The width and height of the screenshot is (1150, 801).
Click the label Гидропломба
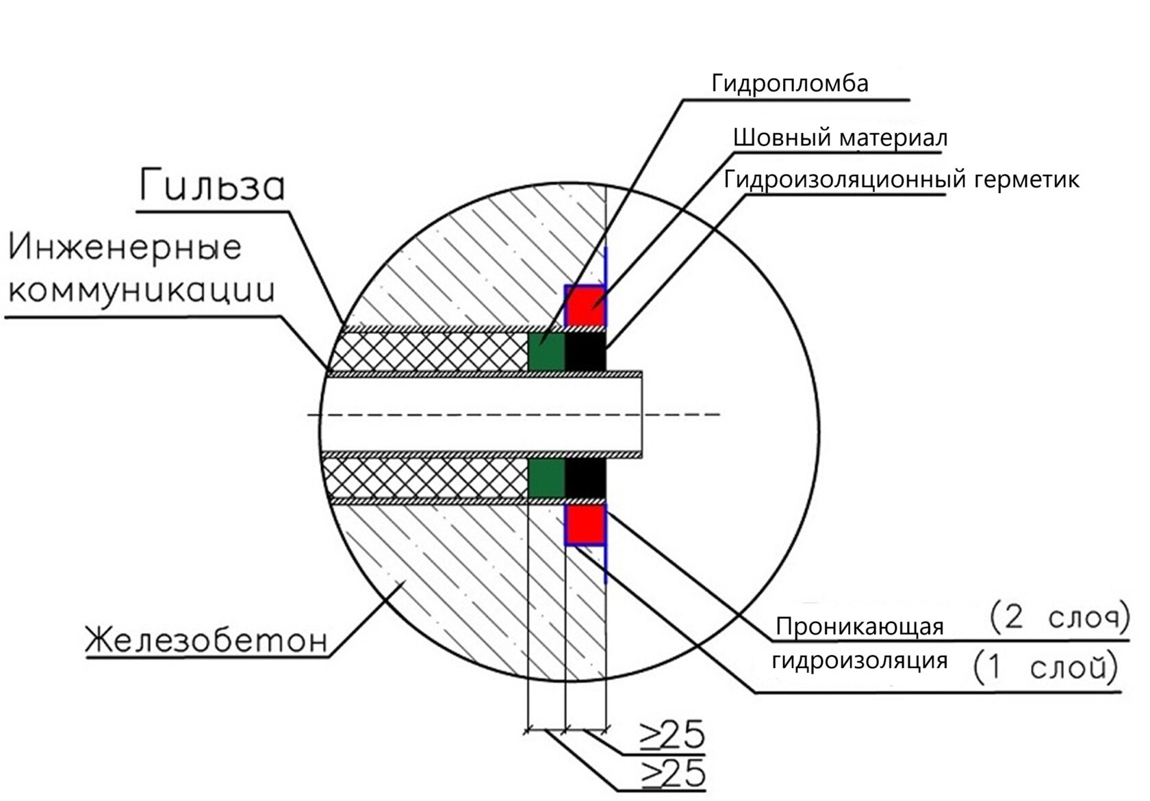click(789, 84)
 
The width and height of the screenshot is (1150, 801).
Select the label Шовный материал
click(840, 138)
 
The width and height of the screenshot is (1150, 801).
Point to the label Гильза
click(212, 186)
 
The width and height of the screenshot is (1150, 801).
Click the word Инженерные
click(126, 248)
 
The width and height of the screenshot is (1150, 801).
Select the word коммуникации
click(141, 290)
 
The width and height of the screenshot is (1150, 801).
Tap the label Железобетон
click(206, 641)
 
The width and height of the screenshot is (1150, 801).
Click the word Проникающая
click(860, 626)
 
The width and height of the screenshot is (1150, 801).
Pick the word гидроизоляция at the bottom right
click(860, 661)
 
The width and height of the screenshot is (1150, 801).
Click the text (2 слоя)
click(1058, 618)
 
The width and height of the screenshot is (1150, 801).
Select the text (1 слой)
click(1045, 668)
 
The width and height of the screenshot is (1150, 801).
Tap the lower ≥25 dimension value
click(672, 774)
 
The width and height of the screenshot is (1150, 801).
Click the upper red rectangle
click(585, 306)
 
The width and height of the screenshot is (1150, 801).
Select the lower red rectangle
click(585, 524)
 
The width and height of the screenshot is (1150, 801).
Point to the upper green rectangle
click(547, 351)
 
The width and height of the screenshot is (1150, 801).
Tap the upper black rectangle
click(585, 351)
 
